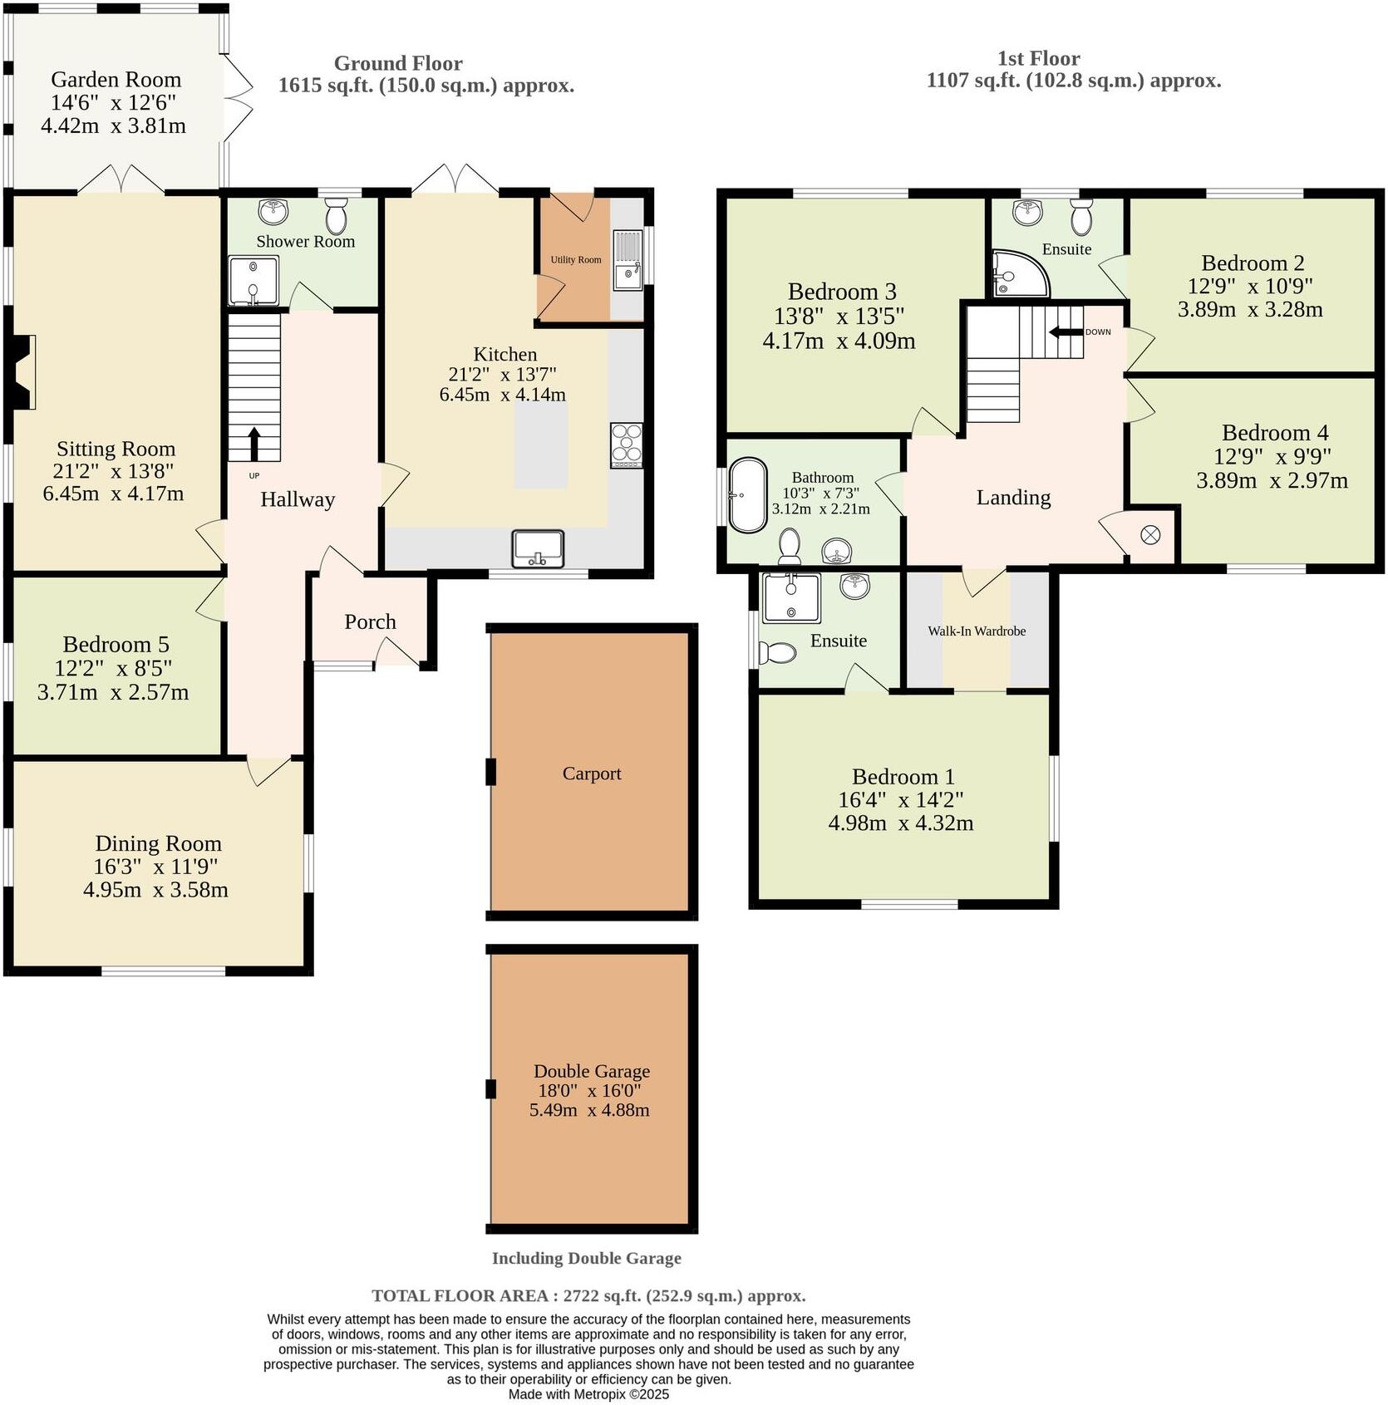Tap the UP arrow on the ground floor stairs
coord(254,444)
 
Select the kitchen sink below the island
coord(539,549)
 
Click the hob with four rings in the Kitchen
coord(626,445)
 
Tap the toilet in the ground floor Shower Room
coord(336,217)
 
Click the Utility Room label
coord(575,260)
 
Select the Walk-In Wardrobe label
coord(977,631)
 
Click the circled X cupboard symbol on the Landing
coord(1150,535)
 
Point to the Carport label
coord(591,774)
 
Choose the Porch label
coord(370,622)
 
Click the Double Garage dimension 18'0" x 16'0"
coord(589,1091)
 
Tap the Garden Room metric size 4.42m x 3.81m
coord(113,126)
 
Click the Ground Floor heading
coord(398,64)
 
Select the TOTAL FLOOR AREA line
coord(588,1295)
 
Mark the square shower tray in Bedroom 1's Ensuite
coord(791,597)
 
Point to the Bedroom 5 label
coord(116,645)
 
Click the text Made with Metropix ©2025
coord(588,1394)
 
